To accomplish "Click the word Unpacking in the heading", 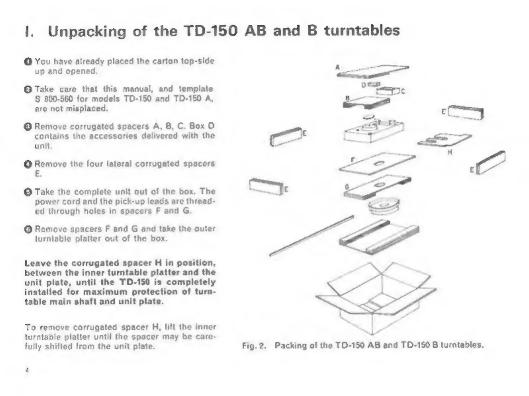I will pyautogui.click(x=87, y=31).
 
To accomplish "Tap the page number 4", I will pyautogui.click(x=27, y=370).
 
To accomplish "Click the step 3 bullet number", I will pyautogui.click(x=28, y=127).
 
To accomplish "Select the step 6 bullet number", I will pyautogui.click(x=28, y=229).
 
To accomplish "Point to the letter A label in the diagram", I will pyautogui.click(x=337, y=67).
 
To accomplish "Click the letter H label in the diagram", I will pyautogui.click(x=450, y=152).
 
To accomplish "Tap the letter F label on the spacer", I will pyautogui.click(x=353, y=160).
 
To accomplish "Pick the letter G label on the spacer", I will pyautogui.click(x=347, y=187).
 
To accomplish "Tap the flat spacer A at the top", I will pyautogui.click(x=374, y=71).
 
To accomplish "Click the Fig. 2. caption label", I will pyautogui.click(x=254, y=346).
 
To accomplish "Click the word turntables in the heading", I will pyautogui.click(x=362, y=31).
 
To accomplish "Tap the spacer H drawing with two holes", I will pyautogui.click(x=445, y=139).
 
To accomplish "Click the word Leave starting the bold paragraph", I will pyautogui.click(x=38, y=263).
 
